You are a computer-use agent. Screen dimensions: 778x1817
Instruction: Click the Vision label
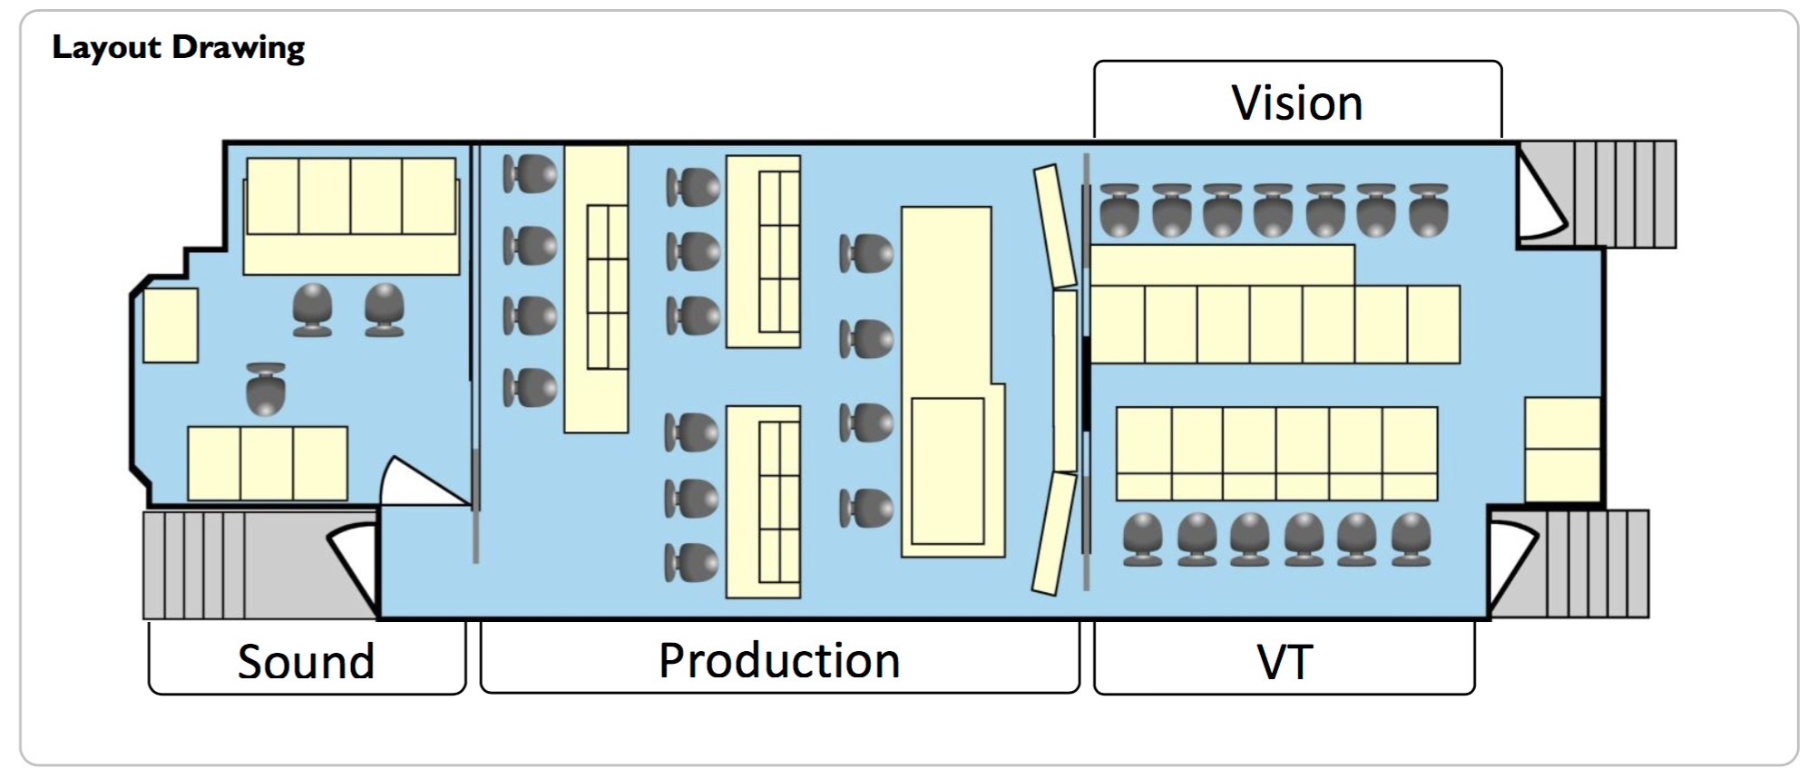1296,102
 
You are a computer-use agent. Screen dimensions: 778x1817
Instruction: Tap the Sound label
306,661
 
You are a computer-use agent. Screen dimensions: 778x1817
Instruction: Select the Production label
779,659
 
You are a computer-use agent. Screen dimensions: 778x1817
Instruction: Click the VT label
1285,662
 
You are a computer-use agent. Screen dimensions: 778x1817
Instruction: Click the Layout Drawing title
179,47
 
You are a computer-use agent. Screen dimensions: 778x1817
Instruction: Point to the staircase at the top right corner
1624,194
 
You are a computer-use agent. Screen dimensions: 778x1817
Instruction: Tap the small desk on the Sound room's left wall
171,326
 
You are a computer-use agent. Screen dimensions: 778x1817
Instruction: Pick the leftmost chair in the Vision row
1119,210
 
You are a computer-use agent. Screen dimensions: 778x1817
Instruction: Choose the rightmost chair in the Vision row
1429,210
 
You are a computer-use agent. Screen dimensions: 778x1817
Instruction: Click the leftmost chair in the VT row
1142,540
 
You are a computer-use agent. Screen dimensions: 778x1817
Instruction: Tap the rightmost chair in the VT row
1411,540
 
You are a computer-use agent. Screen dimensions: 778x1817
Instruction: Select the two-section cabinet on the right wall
1562,449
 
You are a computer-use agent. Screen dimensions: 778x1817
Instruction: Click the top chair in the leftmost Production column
530,172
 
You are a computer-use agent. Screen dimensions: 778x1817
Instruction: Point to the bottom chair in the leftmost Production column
530,387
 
